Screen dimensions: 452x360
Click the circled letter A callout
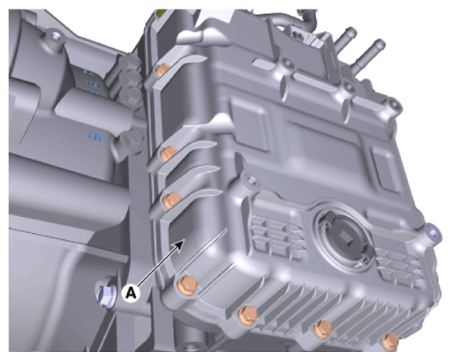[x=132, y=293]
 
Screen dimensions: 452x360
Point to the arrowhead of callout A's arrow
[x=181, y=243]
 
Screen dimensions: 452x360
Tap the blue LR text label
[x=95, y=137]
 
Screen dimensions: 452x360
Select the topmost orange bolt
[x=162, y=71]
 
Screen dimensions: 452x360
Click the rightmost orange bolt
[x=390, y=341]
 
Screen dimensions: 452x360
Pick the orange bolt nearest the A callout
[x=187, y=286]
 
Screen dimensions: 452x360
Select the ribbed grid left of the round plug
[x=275, y=236]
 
